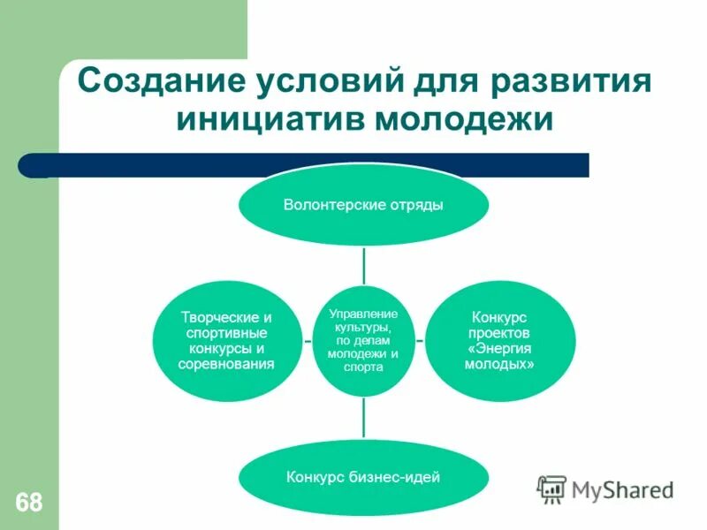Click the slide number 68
tap(28, 503)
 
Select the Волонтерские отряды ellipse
tap(363, 205)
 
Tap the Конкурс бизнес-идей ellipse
tap(363, 478)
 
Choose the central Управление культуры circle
tap(363, 339)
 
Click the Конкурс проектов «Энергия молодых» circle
tap(500, 340)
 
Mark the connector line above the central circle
tap(363, 264)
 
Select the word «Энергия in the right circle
tap(500, 348)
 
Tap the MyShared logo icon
tap(551, 488)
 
